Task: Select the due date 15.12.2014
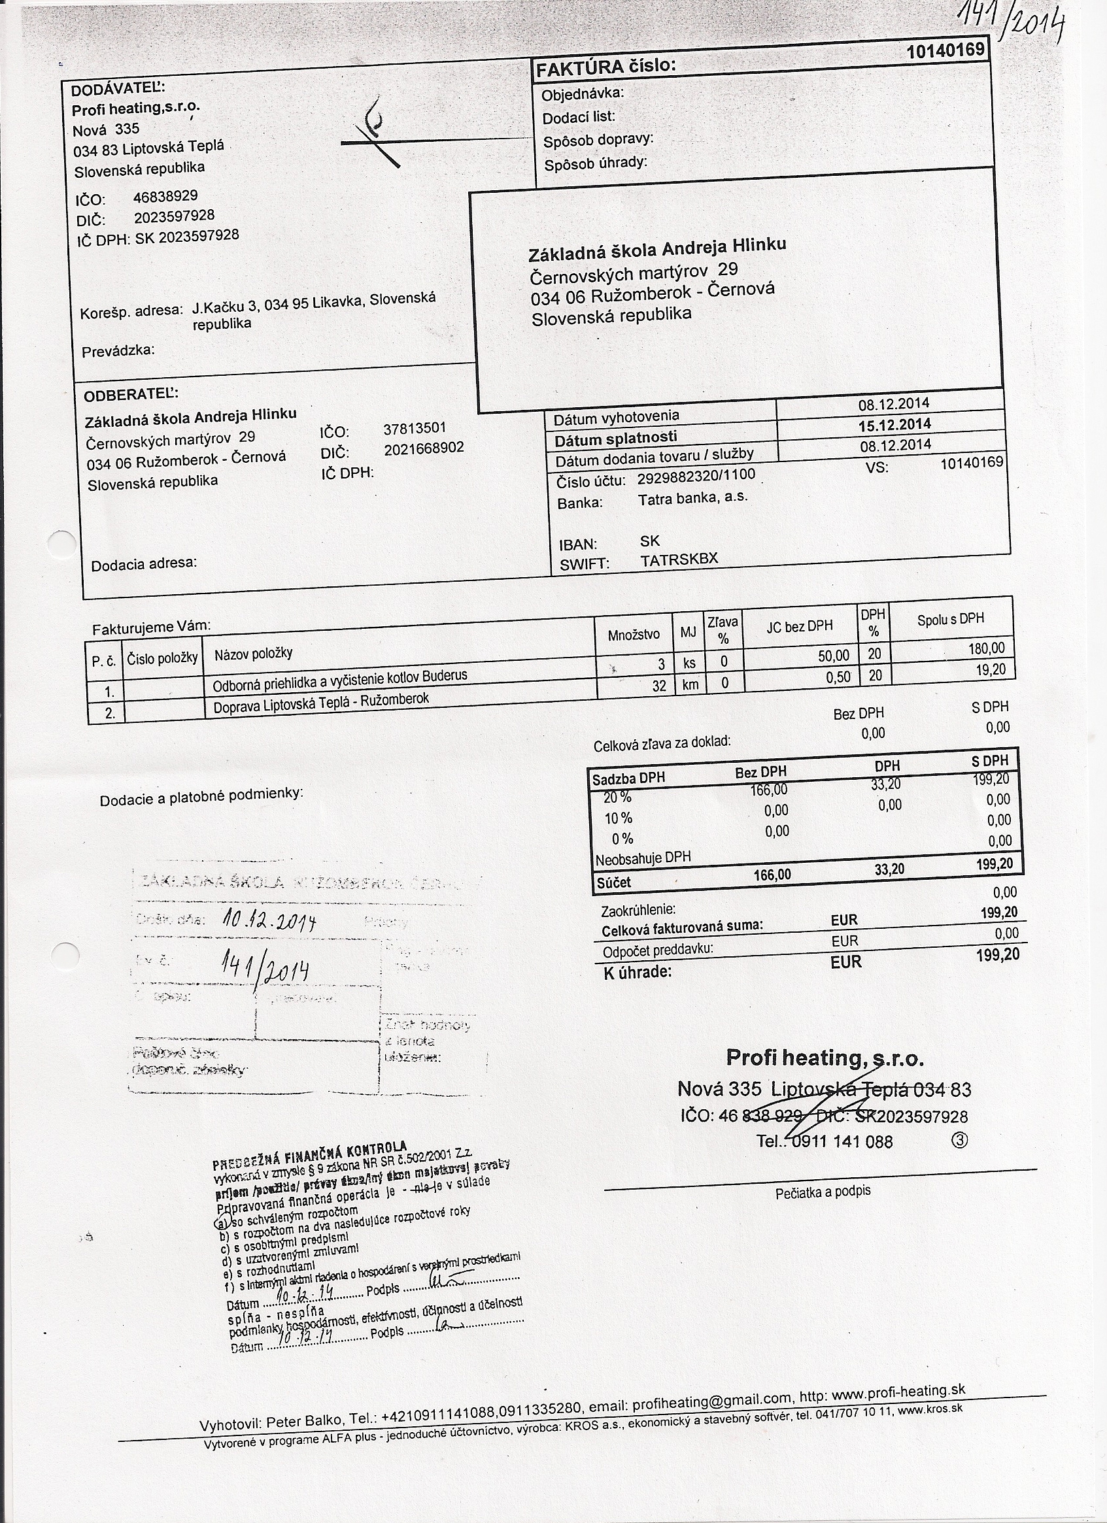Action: coord(894,425)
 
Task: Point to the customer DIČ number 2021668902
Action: coord(424,448)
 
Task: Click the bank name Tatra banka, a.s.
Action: coord(692,498)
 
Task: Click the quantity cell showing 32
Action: coord(659,686)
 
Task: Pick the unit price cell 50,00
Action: coord(834,656)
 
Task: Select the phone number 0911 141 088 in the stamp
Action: coord(843,1141)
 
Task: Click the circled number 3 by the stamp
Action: coord(961,1139)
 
